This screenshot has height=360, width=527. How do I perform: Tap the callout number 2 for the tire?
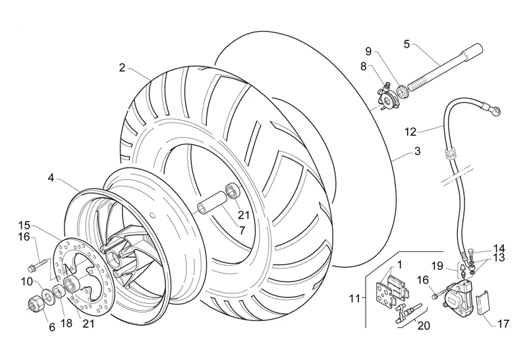tap(122, 68)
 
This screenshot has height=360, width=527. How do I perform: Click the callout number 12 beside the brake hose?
tap(410, 132)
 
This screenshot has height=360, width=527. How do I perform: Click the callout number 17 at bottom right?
tap(503, 324)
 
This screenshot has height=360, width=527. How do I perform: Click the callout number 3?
tap(417, 151)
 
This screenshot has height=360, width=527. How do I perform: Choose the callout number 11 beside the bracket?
tap(354, 298)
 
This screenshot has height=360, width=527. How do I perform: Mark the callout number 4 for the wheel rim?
tap(51, 177)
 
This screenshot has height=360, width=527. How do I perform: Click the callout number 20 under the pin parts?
tap(424, 325)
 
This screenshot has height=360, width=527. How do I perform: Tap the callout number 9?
tap(369, 51)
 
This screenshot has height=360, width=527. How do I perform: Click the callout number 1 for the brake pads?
tap(400, 265)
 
